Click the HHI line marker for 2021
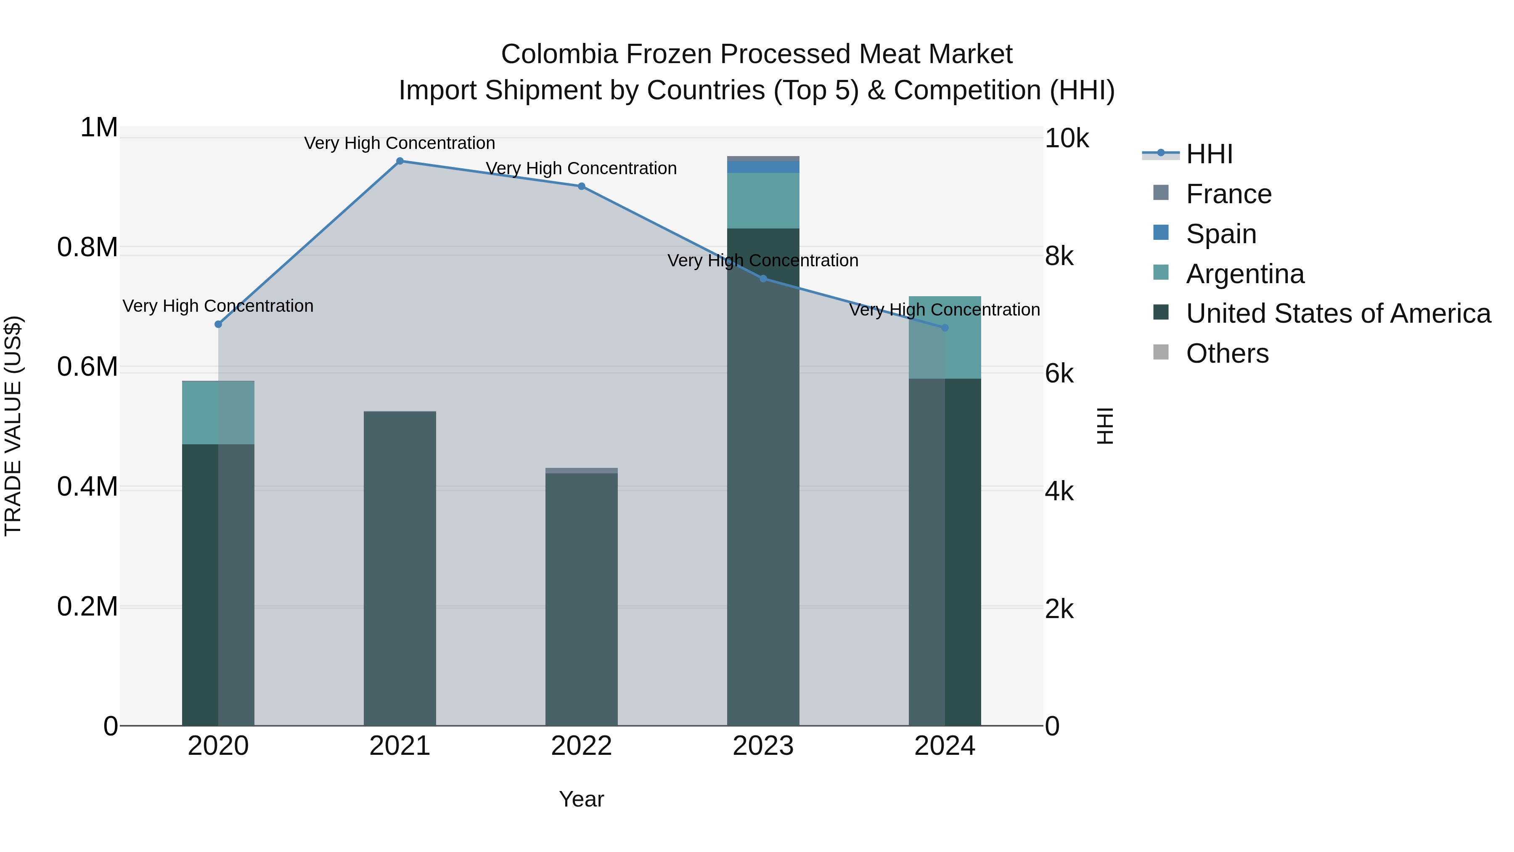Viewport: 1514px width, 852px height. (x=400, y=161)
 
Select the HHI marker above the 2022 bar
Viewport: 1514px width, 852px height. (x=581, y=186)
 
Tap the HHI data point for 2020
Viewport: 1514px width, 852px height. (x=218, y=324)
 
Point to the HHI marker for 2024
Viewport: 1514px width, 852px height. (x=945, y=327)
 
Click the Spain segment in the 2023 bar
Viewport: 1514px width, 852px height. (x=763, y=167)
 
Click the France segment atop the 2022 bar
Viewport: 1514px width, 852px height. (x=581, y=470)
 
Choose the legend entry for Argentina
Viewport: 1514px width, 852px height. (x=1245, y=274)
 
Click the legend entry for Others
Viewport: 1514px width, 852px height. (x=1227, y=354)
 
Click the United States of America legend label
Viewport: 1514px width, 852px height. (x=1338, y=314)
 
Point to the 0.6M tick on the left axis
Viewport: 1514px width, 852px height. (x=87, y=367)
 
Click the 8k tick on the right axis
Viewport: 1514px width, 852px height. (x=1059, y=256)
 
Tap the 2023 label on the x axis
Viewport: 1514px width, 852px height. (x=763, y=746)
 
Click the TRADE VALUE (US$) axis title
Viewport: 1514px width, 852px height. (x=13, y=426)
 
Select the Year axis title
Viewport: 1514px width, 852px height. (x=581, y=799)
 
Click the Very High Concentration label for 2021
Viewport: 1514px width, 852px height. (x=400, y=143)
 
